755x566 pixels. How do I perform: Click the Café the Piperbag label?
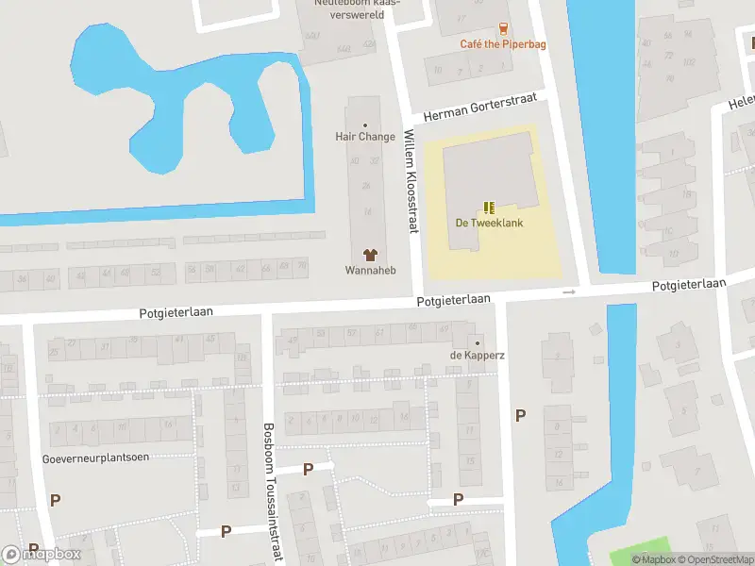click(502, 44)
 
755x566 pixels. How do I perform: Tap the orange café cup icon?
click(503, 28)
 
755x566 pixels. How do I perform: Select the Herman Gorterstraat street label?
click(479, 107)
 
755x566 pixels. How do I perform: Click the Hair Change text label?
click(365, 137)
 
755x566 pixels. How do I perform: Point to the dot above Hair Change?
click(365, 125)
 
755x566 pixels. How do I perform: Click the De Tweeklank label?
click(489, 224)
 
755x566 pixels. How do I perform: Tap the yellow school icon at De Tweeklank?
click(489, 208)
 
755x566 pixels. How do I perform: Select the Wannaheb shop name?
click(370, 271)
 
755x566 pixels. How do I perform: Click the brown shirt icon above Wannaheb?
click(370, 255)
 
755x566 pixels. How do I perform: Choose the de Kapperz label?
click(478, 356)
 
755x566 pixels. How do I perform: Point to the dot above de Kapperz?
click(478, 342)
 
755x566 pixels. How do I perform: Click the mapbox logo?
click(42, 555)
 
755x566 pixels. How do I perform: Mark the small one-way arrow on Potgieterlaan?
click(568, 292)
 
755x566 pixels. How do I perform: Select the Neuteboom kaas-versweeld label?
click(357, 7)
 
